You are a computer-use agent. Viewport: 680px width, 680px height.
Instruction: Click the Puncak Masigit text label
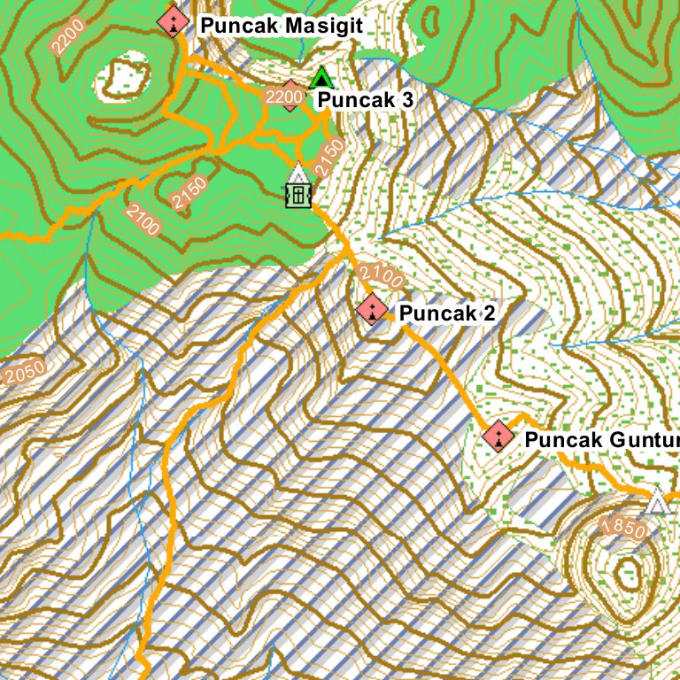pos(282,26)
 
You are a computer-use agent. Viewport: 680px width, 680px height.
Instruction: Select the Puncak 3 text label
pos(365,100)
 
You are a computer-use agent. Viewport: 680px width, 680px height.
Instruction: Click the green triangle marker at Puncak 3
pos(321,79)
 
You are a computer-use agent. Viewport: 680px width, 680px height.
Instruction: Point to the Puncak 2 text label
pos(446,313)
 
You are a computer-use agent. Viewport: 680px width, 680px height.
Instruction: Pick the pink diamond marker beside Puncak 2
pos(372,309)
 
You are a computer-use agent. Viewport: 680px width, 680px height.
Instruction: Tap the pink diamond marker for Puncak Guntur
pos(498,436)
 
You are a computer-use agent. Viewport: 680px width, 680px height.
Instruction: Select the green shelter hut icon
pos(299,193)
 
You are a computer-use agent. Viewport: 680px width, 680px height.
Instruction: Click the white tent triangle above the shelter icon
pos(298,173)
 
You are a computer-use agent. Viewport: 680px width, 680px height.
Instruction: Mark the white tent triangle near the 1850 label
pos(656,502)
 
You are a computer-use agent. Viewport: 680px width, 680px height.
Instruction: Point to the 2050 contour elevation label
pos(24,374)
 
